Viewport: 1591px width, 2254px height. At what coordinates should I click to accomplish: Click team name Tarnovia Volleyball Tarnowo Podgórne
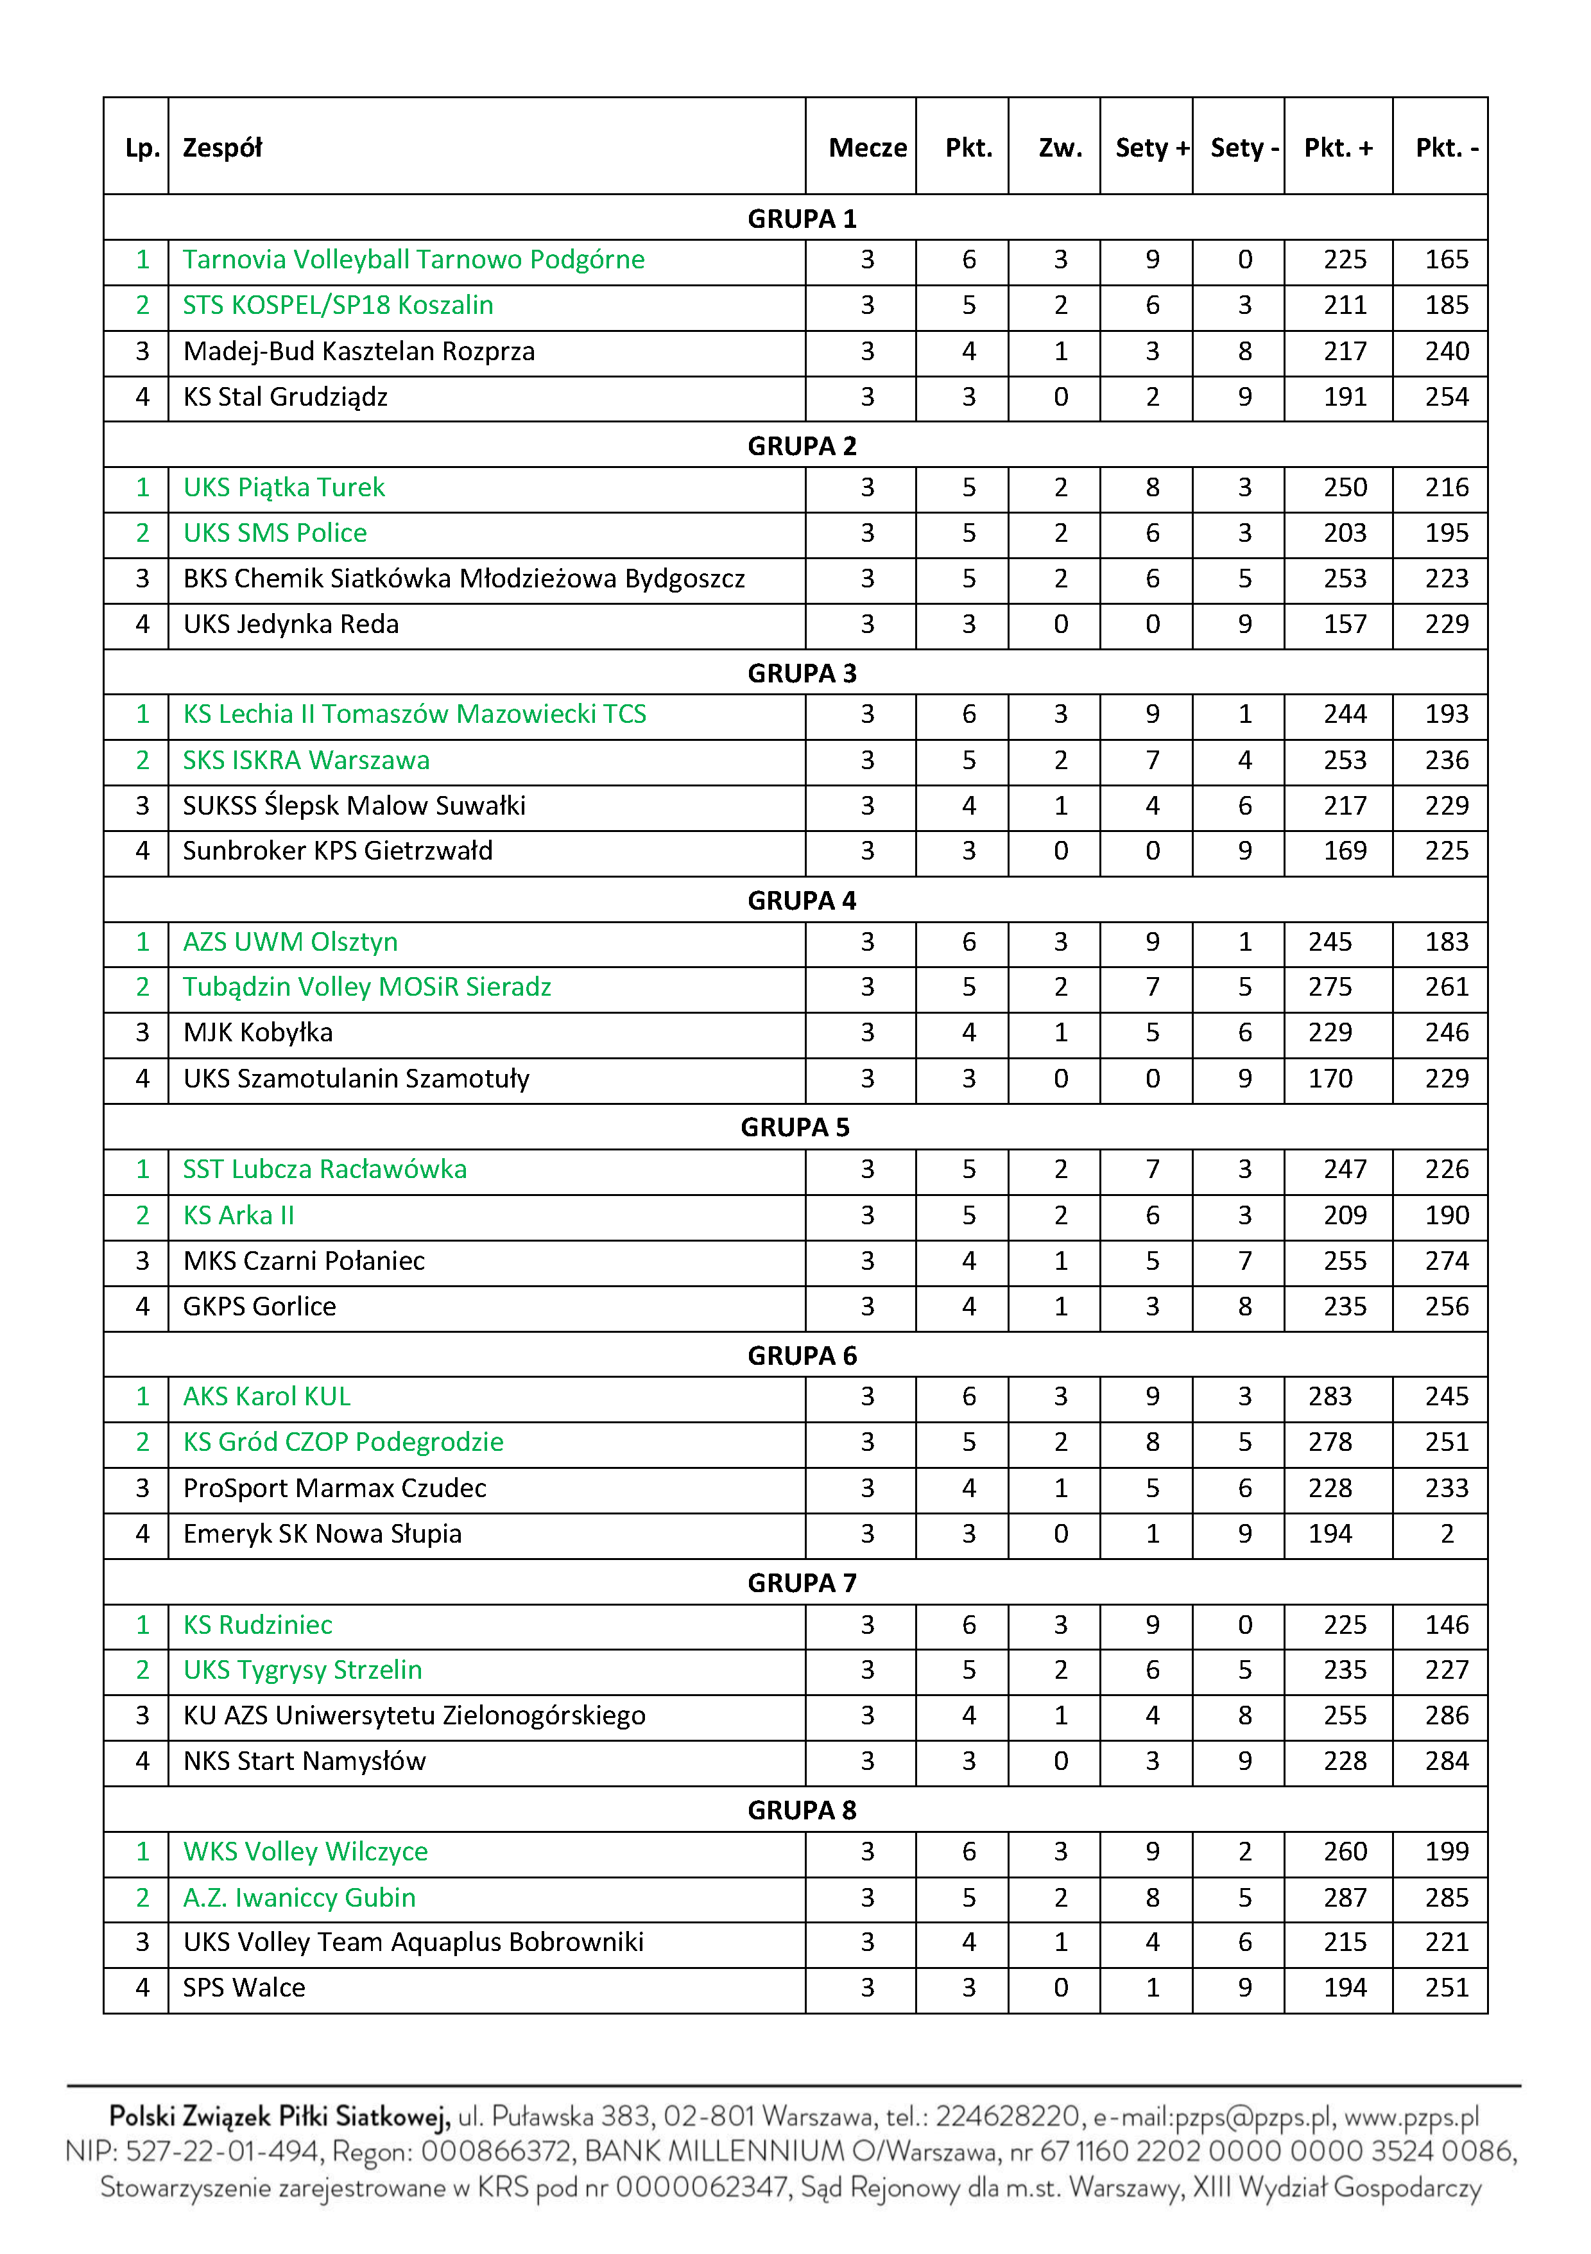pyautogui.click(x=413, y=259)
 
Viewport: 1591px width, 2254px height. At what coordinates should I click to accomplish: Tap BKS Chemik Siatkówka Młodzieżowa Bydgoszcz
pyautogui.click(x=463, y=578)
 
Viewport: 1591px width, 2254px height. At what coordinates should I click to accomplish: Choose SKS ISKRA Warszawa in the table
pyautogui.click(x=306, y=760)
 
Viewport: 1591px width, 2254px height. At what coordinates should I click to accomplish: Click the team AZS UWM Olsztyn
pyautogui.click(x=291, y=941)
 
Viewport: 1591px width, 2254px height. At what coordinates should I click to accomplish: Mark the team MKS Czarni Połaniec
pyautogui.click(x=304, y=1260)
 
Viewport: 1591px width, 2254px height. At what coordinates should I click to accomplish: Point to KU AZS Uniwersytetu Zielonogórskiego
pyautogui.click(x=414, y=1715)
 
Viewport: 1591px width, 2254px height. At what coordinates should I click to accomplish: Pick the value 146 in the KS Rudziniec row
pyautogui.click(x=1446, y=1625)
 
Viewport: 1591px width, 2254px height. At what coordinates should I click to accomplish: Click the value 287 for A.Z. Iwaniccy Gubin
pyautogui.click(x=1344, y=1896)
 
